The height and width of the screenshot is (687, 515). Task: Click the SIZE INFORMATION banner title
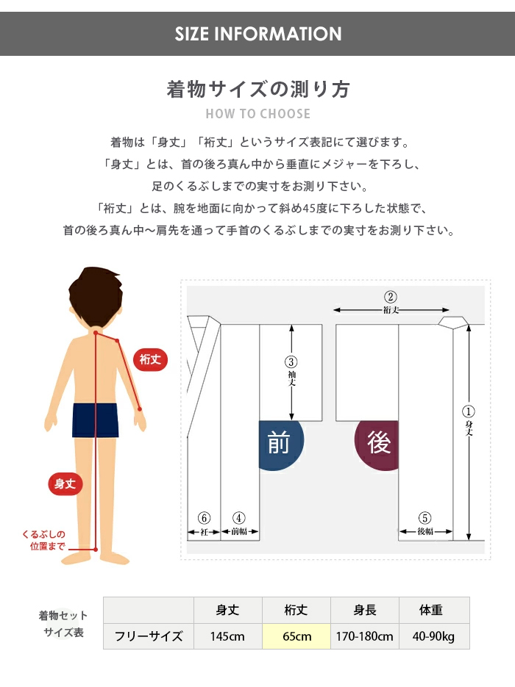point(258,34)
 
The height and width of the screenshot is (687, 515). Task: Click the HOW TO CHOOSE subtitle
point(258,114)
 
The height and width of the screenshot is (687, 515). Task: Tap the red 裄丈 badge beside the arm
point(151,360)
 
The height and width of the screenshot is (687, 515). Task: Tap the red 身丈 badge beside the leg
point(65,483)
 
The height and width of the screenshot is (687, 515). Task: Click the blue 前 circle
point(279,443)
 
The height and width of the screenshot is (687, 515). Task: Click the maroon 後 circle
point(377,443)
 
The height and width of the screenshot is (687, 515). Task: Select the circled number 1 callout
point(468,411)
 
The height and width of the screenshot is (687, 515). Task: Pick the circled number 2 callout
point(391,297)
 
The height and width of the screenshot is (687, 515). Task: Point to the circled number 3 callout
point(291,362)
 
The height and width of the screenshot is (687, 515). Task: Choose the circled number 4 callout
point(238,518)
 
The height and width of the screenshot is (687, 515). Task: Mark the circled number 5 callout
point(425,518)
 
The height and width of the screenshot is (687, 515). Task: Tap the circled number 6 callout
point(204,518)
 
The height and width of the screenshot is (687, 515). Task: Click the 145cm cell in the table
point(227,636)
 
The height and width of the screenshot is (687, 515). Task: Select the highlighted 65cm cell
point(296,636)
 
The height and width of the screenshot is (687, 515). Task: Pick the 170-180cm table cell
point(364,636)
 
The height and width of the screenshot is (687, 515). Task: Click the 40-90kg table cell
point(434,636)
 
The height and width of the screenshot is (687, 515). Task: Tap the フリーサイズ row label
point(149,636)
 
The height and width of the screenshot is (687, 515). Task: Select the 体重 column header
point(431,610)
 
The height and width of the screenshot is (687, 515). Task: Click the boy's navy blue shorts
point(96,420)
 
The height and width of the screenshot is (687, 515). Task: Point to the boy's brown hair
point(95,295)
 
